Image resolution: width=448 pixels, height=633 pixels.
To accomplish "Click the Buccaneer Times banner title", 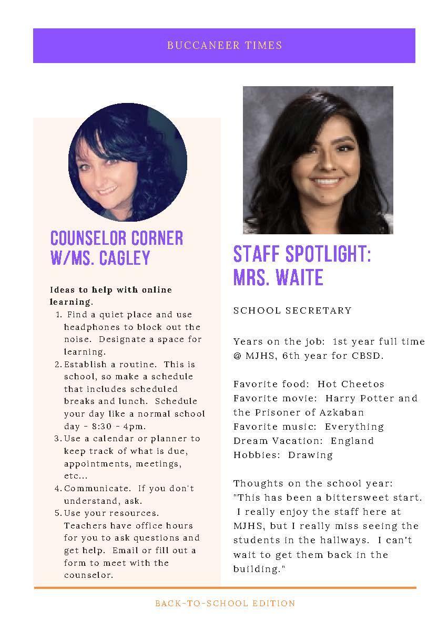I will click(x=225, y=45).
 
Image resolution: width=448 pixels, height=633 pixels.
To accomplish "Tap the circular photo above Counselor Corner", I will click(x=128, y=162).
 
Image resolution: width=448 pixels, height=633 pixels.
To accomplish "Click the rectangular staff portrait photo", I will click(x=318, y=160).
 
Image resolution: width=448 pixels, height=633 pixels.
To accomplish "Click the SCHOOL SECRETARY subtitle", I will click(x=292, y=310).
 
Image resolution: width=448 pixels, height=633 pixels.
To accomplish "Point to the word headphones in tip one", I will click(x=90, y=327).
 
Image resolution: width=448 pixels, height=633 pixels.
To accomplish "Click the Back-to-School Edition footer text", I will click(x=225, y=604).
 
